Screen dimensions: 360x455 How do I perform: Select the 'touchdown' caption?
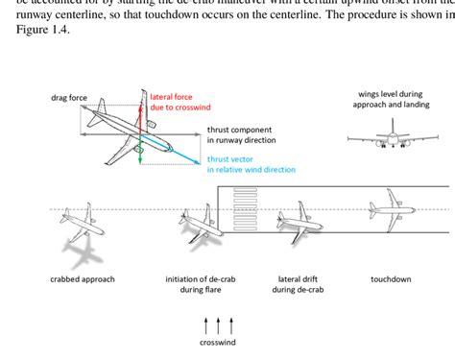click(x=392, y=280)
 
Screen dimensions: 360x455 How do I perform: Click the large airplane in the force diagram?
click(x=125, y=132)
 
